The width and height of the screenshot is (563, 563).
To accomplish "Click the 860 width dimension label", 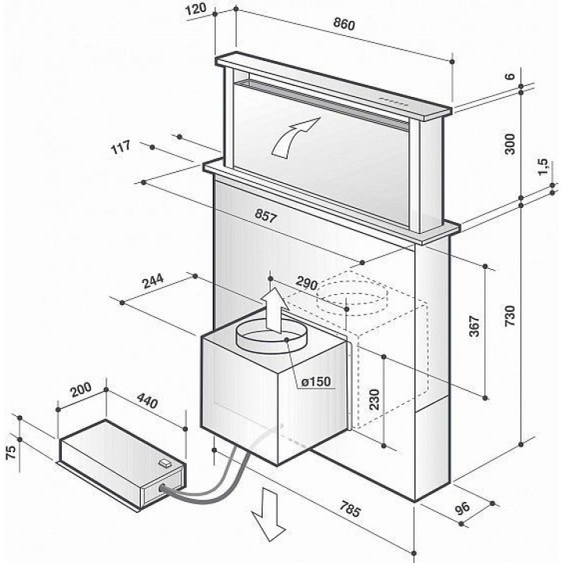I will pos(344,24).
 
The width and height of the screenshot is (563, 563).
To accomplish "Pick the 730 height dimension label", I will pos(509,313).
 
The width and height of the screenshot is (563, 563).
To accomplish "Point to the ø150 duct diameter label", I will pos(316,382).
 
